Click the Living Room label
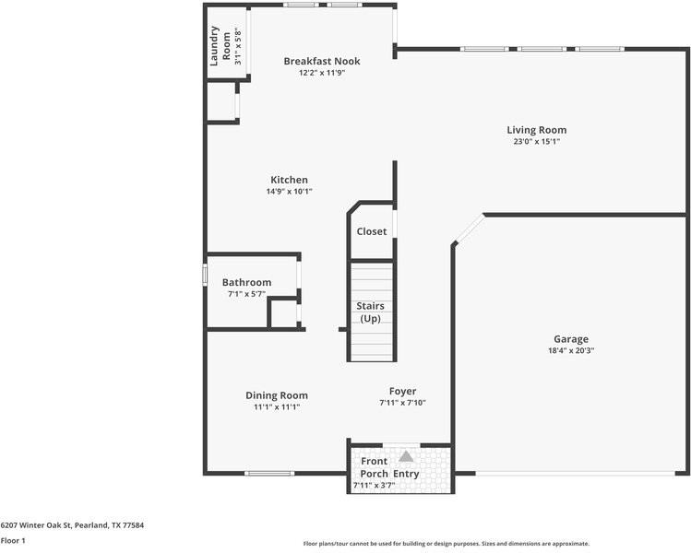click(x=536, y=130)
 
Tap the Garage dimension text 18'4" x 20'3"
click(x=570, y=350)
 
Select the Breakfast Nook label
click(x=321, y=61)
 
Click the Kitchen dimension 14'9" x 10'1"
click(x=289, y=192)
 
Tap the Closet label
click(x=372, y=231)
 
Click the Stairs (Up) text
click(x=371, y=311)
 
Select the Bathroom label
click(x=246, y=282)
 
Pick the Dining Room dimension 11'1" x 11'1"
click(x=277, y=406)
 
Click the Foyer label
click(x=402, y=391)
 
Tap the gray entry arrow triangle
click(x=406, y=455)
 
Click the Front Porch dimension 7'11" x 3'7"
click(x=374, y=485)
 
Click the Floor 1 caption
click(x=13, y=540)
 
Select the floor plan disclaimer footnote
click(x=447, y=543)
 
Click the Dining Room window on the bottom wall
click(x=268, y=474)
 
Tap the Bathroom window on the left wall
click(x=205, y=275)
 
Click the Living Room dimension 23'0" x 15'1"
click(x=536, y=142)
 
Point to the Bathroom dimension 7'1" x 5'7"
click(x=246, y=294)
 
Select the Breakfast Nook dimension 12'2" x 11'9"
click(x=321, y=73)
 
